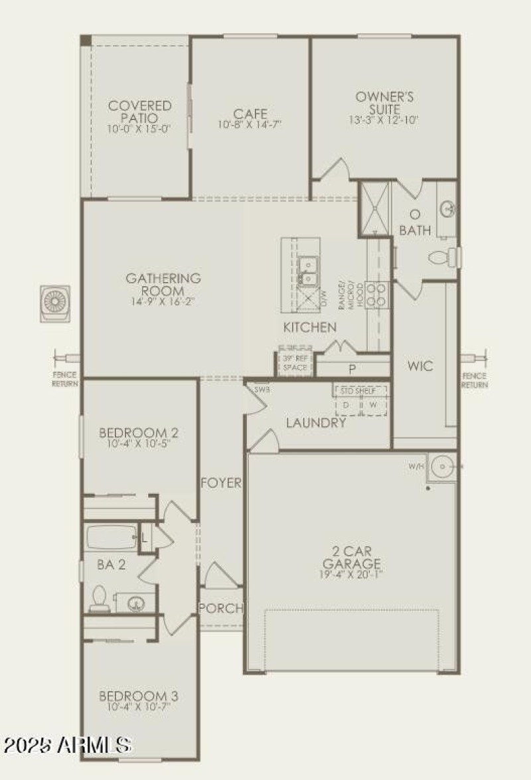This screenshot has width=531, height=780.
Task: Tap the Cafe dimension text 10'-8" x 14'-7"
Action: coord(250,125)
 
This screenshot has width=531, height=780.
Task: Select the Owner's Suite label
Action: coord(384,102)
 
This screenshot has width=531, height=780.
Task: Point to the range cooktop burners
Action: coord(377,294)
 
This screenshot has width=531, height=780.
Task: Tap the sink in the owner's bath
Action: coord(447,209)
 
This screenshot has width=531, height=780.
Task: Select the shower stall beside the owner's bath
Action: coord(374,208)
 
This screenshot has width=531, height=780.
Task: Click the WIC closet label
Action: coord(420,366)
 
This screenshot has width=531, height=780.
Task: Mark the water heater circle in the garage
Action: coord(441,467)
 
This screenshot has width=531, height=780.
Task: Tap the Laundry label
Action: coord(315,423)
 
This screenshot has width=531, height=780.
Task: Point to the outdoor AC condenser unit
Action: coord(54,303)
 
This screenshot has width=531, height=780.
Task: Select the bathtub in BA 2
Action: coord(111,537)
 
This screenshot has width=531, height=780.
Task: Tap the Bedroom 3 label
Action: coord(138,696)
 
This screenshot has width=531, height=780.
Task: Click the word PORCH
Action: coord(221,608)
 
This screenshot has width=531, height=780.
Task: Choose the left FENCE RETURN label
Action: coord(66,379)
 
